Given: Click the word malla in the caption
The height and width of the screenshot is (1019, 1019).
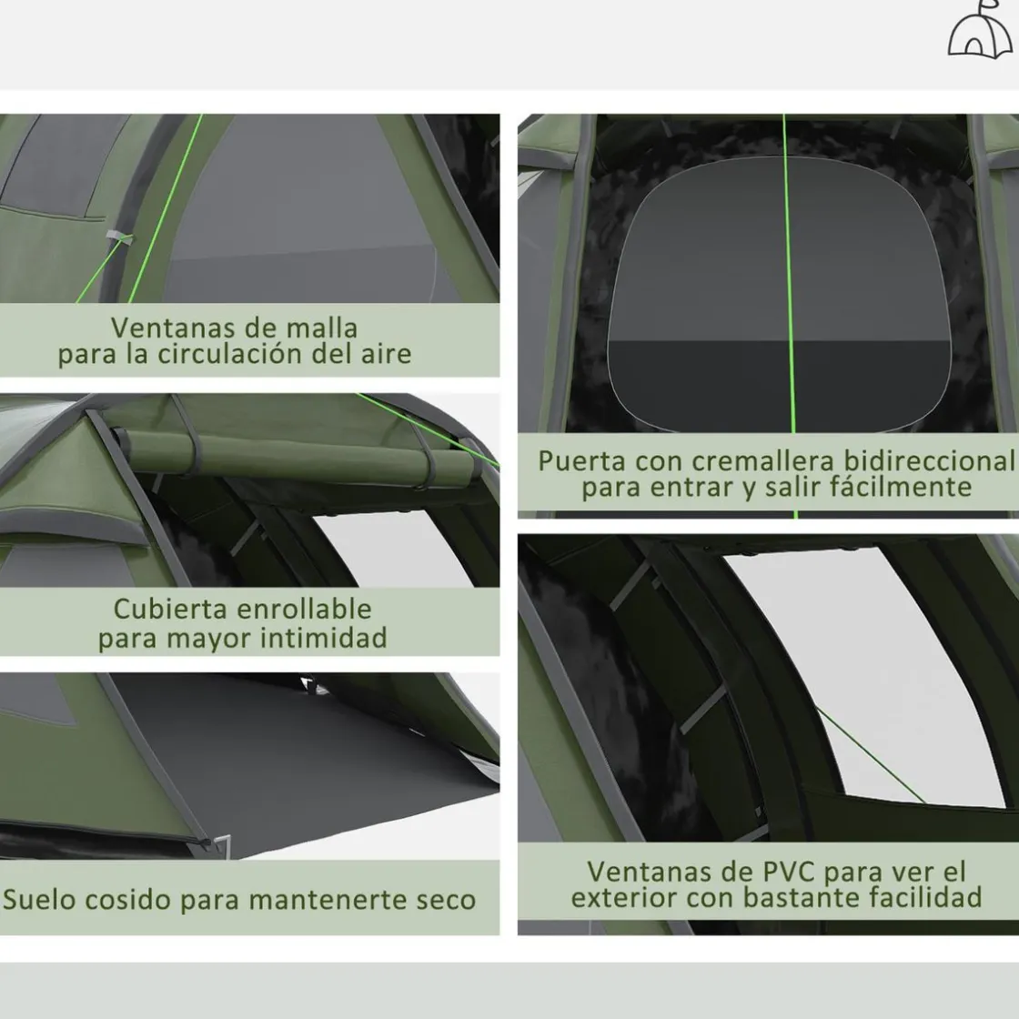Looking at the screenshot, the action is (322, 328).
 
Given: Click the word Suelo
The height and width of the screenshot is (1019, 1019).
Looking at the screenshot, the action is (40, 900).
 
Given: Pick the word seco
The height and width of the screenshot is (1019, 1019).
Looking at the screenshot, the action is (446, 900).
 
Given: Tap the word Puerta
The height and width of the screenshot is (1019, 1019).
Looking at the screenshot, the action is (582, 461).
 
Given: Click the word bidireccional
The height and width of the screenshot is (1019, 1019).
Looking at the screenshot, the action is (929, 460).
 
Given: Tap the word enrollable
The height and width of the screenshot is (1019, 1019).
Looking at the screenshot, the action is (304, 609).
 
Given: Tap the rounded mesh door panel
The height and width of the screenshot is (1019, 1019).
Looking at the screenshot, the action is (779, 295).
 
